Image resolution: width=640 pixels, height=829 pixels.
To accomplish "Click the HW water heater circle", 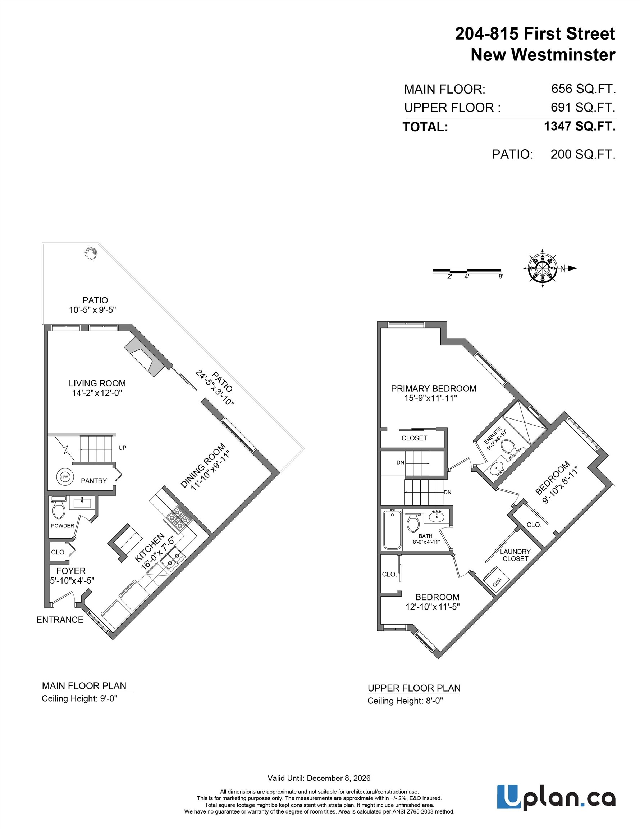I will coord(64,477).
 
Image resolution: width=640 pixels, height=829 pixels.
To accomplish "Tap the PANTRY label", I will coord(94,481).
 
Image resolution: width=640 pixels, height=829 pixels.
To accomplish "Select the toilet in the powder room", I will coord(59,509).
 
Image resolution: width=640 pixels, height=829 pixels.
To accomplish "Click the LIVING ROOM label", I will coord(97,383).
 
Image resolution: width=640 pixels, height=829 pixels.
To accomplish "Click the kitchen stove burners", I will coord(177,518).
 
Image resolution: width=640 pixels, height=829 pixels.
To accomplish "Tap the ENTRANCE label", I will coord(60,620).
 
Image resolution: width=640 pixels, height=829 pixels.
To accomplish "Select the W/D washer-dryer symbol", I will coord(497,581).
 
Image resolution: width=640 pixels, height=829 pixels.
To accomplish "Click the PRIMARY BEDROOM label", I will coord(433,389).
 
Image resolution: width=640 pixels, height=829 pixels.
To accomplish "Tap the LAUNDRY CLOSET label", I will coord(515,555).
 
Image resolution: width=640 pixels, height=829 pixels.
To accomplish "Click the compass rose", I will coord(542,268).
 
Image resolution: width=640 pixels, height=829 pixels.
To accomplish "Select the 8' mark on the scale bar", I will coord(501,277).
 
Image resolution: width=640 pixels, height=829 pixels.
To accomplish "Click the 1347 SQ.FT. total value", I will coord(579,126).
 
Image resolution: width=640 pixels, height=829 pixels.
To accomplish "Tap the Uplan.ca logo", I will coord(556,797).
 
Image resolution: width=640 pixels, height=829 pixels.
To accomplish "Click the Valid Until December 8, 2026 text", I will coord(319,778).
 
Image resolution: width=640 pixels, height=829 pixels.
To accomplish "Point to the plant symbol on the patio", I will coord(91,253).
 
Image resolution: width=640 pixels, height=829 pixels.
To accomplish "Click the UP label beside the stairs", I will coord(122,448).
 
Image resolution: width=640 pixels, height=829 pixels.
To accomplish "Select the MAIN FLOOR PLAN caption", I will coord(84,686).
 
